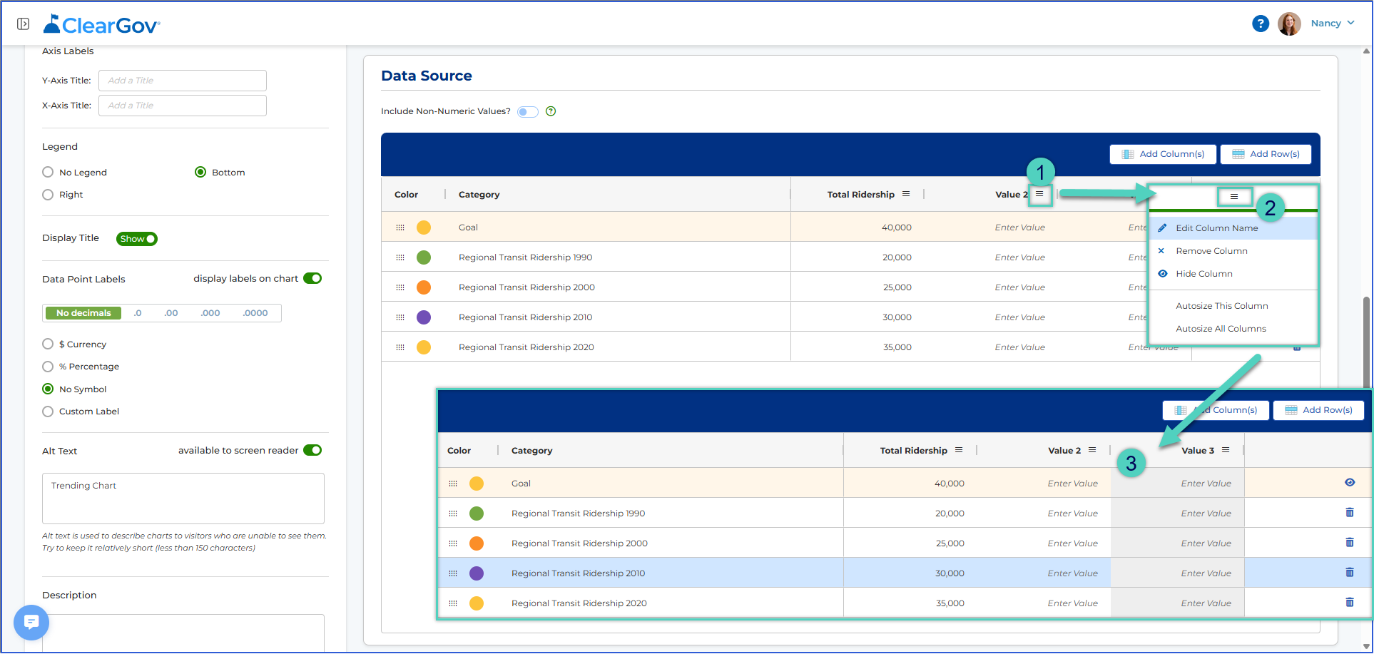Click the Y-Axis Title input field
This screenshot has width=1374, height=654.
(183, 81)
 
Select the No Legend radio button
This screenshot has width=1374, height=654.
(48, 172)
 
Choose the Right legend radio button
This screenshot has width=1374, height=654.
(48, 195)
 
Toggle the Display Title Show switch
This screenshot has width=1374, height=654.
(137, 239)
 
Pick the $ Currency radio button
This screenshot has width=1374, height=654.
(48, 344)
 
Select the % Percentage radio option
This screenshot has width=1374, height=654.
(48, 367)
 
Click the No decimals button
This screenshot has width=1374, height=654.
(83, 313)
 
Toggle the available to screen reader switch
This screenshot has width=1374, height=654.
(312, 450)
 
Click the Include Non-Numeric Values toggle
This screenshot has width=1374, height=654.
(528, 112)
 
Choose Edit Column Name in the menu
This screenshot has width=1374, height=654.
(1216, 228)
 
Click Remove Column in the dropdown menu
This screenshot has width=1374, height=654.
(1211, 251)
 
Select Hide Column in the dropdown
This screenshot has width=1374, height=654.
(1204, 274)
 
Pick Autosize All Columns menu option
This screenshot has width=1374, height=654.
(1221, 329)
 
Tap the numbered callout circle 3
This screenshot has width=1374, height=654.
(1131, 464)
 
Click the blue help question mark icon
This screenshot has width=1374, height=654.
(1261, 24)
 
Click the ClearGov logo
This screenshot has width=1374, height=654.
(101, 25)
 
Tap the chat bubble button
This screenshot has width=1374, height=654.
(31, 623)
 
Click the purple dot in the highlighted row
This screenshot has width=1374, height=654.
(477, 573)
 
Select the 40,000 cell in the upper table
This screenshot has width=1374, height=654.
(897, 228)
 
